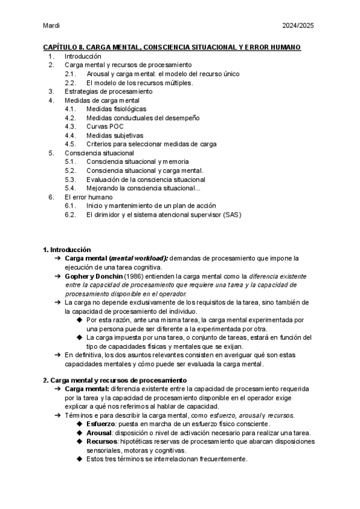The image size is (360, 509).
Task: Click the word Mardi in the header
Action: coord(52,26)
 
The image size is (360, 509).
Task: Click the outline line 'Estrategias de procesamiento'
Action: coord(108,91)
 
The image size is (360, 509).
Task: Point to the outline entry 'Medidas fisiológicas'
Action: coord(116,109)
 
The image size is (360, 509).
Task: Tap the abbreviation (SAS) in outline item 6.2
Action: coord(231,214)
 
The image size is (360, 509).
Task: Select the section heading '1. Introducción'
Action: coord(67,249)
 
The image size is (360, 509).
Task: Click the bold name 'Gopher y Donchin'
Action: coord(93,276)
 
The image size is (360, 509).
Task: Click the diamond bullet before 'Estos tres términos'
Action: coord(80,460)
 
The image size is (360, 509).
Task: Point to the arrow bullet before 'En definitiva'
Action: coord(58,355)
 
